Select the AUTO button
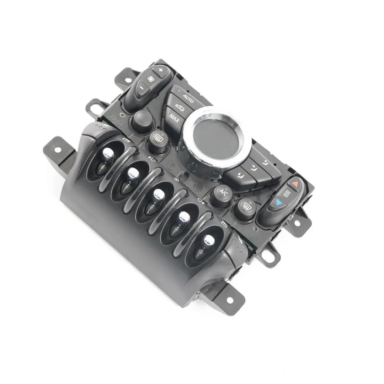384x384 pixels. [187, 98]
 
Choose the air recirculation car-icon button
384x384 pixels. [179, 107]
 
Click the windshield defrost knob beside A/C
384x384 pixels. [245, 207]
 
